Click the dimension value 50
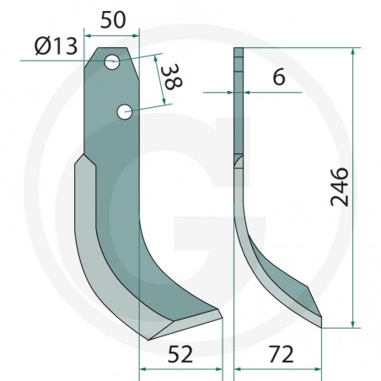pos(113,20)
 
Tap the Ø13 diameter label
pos(56,46)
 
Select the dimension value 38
pos(172,77)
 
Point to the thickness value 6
pos(279,77)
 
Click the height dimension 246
pos(340,187)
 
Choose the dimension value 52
pos(180,354)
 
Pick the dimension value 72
pos(281,354)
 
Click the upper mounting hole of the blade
pos(112,62)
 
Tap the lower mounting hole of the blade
pos(125,112)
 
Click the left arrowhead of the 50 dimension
pos(88,35)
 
